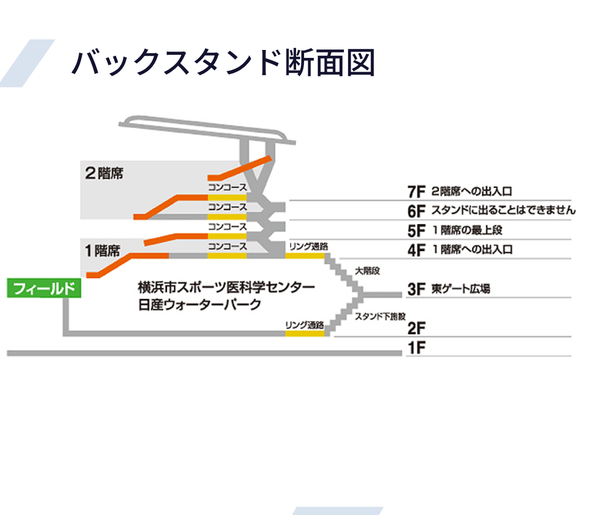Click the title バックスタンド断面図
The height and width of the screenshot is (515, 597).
point(223,63)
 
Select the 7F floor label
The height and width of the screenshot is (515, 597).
point(417,192)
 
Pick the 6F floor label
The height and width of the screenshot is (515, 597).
point(417,211)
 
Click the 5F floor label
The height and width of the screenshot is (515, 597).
point(417,231)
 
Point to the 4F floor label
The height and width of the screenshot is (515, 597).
point(417,250)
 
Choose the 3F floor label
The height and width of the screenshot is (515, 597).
point(417,290)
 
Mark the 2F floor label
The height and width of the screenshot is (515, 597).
point(417,328)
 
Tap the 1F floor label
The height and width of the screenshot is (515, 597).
point(417,349)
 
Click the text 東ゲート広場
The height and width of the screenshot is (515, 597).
point(460,289)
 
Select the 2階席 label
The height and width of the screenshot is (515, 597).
point(104,173)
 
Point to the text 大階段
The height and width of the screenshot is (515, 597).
point(368,271)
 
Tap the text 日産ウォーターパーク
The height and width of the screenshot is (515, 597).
point(200,305)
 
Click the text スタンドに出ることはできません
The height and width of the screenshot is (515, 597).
point(503,210)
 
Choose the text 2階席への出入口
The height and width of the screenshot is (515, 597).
point(472,191)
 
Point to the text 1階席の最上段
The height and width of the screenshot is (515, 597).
point(467,230)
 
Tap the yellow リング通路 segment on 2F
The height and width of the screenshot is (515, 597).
point(305,333)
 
